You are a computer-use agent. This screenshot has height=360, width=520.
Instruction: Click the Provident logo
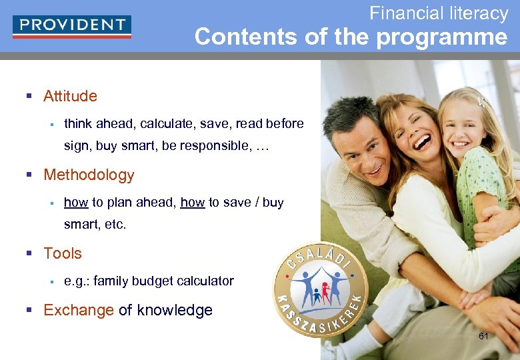pyautogui.click(x=71, y=26)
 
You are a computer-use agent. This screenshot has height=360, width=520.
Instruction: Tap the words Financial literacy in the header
pyautogui.click(x=439, y=13)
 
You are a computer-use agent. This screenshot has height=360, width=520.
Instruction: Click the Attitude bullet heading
pyautogui.click(x=70, y=96)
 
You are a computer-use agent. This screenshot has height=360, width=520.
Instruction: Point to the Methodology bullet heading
pyautogui.click(x=89, y=175)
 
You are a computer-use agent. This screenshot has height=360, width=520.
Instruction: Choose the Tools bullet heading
pyautogui.click(x=63, y=253)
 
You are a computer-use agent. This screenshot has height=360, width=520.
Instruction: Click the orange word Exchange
pyautogui.click(x=79, y=310)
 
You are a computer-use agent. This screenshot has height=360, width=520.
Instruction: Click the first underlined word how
pyautogui.click(x=76, y=203)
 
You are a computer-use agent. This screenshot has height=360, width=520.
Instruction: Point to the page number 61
pyautogui.click(x=483, y=336)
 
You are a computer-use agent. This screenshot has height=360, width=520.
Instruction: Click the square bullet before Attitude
pyautogui.click(x=29, y=97)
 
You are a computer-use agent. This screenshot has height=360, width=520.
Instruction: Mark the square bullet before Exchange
pyautogui.click(x=29, y=311)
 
